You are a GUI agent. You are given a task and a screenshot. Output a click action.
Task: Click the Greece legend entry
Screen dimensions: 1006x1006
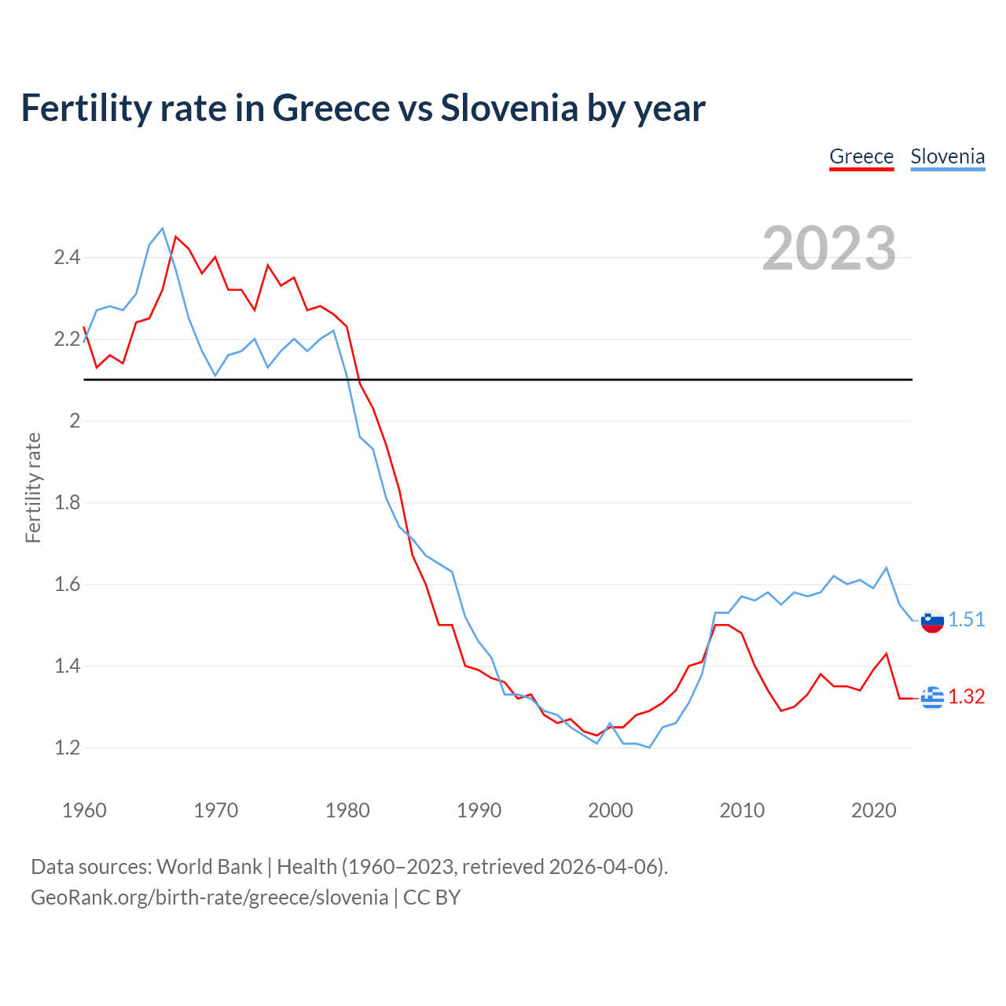861,156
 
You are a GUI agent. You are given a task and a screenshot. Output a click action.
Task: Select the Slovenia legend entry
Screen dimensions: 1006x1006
947,156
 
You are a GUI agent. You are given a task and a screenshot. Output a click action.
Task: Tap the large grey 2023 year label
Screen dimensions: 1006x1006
829,248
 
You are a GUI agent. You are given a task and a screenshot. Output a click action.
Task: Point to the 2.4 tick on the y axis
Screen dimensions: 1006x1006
67,257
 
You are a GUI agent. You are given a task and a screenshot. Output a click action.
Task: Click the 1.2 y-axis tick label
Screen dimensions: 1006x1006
67,747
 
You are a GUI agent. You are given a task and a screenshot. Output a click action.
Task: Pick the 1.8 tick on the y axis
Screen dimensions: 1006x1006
67,502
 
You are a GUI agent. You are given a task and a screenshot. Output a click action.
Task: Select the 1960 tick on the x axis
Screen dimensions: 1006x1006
84,810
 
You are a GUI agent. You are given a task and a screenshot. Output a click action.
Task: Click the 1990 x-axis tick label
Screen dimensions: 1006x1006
479,810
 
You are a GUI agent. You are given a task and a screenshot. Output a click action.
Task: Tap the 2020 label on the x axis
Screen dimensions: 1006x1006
873,810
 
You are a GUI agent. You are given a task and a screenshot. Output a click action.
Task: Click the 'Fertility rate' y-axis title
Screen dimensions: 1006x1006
33,487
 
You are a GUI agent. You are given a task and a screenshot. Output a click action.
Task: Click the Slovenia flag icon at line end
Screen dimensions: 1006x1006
932,621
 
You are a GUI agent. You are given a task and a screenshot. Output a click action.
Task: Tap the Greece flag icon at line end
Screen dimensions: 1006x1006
932,697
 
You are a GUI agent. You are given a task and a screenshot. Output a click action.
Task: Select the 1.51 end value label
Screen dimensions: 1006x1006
966,619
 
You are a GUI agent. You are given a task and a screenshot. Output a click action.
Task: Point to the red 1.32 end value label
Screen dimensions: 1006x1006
966,696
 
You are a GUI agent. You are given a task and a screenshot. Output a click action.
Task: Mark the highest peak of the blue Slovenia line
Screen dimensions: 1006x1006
163,229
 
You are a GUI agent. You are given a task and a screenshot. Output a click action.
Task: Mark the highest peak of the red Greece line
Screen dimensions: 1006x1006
175,237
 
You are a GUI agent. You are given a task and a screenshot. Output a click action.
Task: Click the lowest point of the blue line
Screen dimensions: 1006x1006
649,747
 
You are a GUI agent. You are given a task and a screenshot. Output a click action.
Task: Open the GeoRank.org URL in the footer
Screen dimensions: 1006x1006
209,898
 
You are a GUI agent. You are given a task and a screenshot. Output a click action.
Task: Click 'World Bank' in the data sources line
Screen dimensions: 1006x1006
209,867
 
